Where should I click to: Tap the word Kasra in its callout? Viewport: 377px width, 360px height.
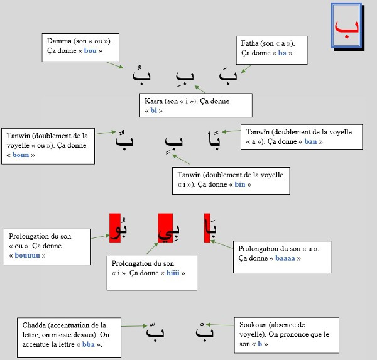pyautogui.click(x=154, y=101)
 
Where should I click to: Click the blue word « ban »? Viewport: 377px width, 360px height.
pyautogui.click(x=310, y=141)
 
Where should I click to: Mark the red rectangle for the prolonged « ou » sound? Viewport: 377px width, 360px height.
pyautogui.click(x=115, y=229)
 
